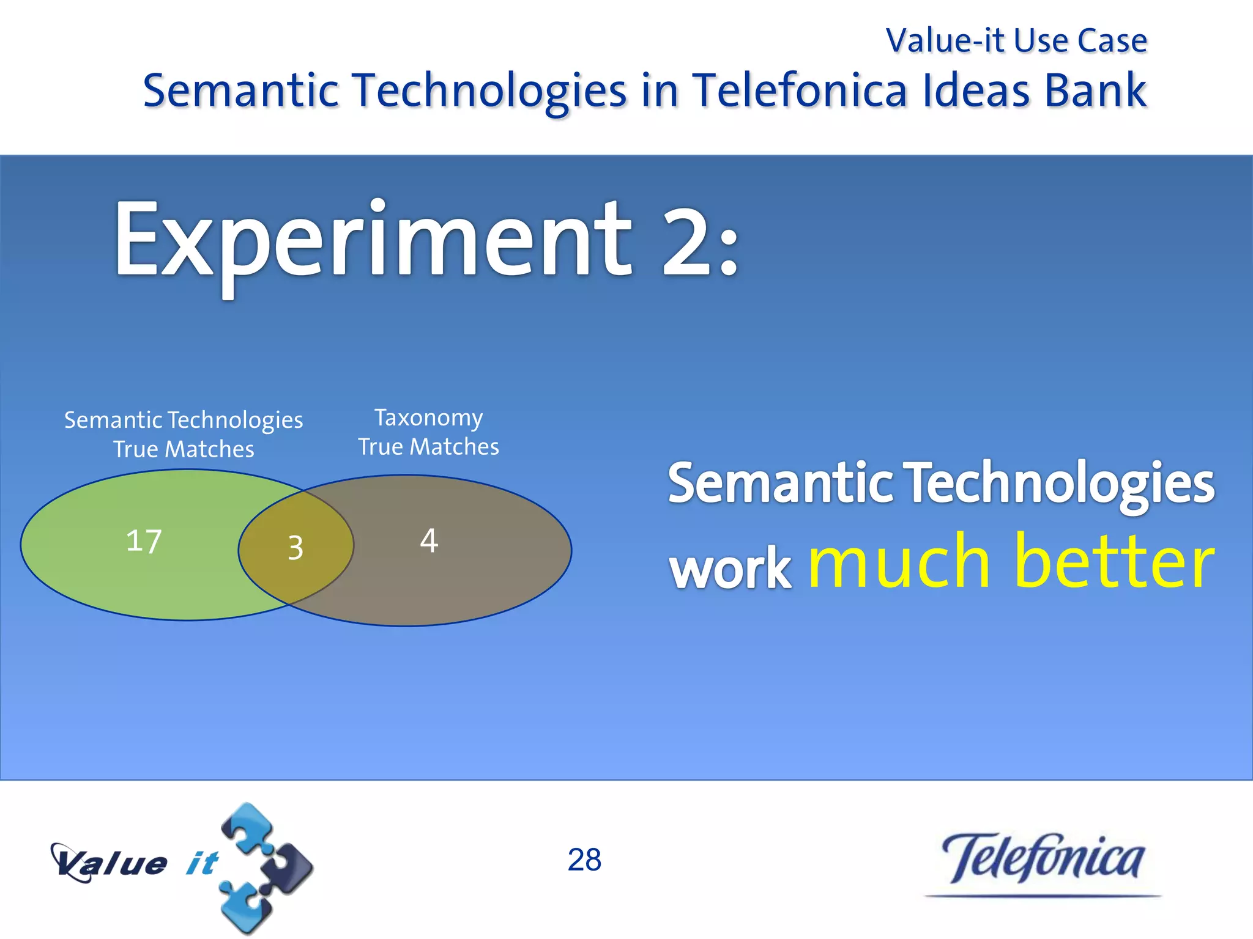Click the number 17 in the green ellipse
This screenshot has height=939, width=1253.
144,541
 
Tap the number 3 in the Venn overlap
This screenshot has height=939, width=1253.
296,547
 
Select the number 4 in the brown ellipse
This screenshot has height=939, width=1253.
429,540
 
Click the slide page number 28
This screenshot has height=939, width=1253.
584,860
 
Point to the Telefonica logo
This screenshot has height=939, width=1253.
1042,861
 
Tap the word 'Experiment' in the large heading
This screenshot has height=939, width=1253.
372,241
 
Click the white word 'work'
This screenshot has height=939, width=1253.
731,569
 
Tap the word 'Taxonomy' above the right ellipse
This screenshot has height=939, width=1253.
429,418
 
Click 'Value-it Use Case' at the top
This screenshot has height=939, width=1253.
1016,41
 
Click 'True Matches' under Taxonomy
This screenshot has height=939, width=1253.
429,447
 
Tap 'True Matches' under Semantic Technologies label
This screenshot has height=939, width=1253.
184,449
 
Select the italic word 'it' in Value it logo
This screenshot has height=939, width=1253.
202,863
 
